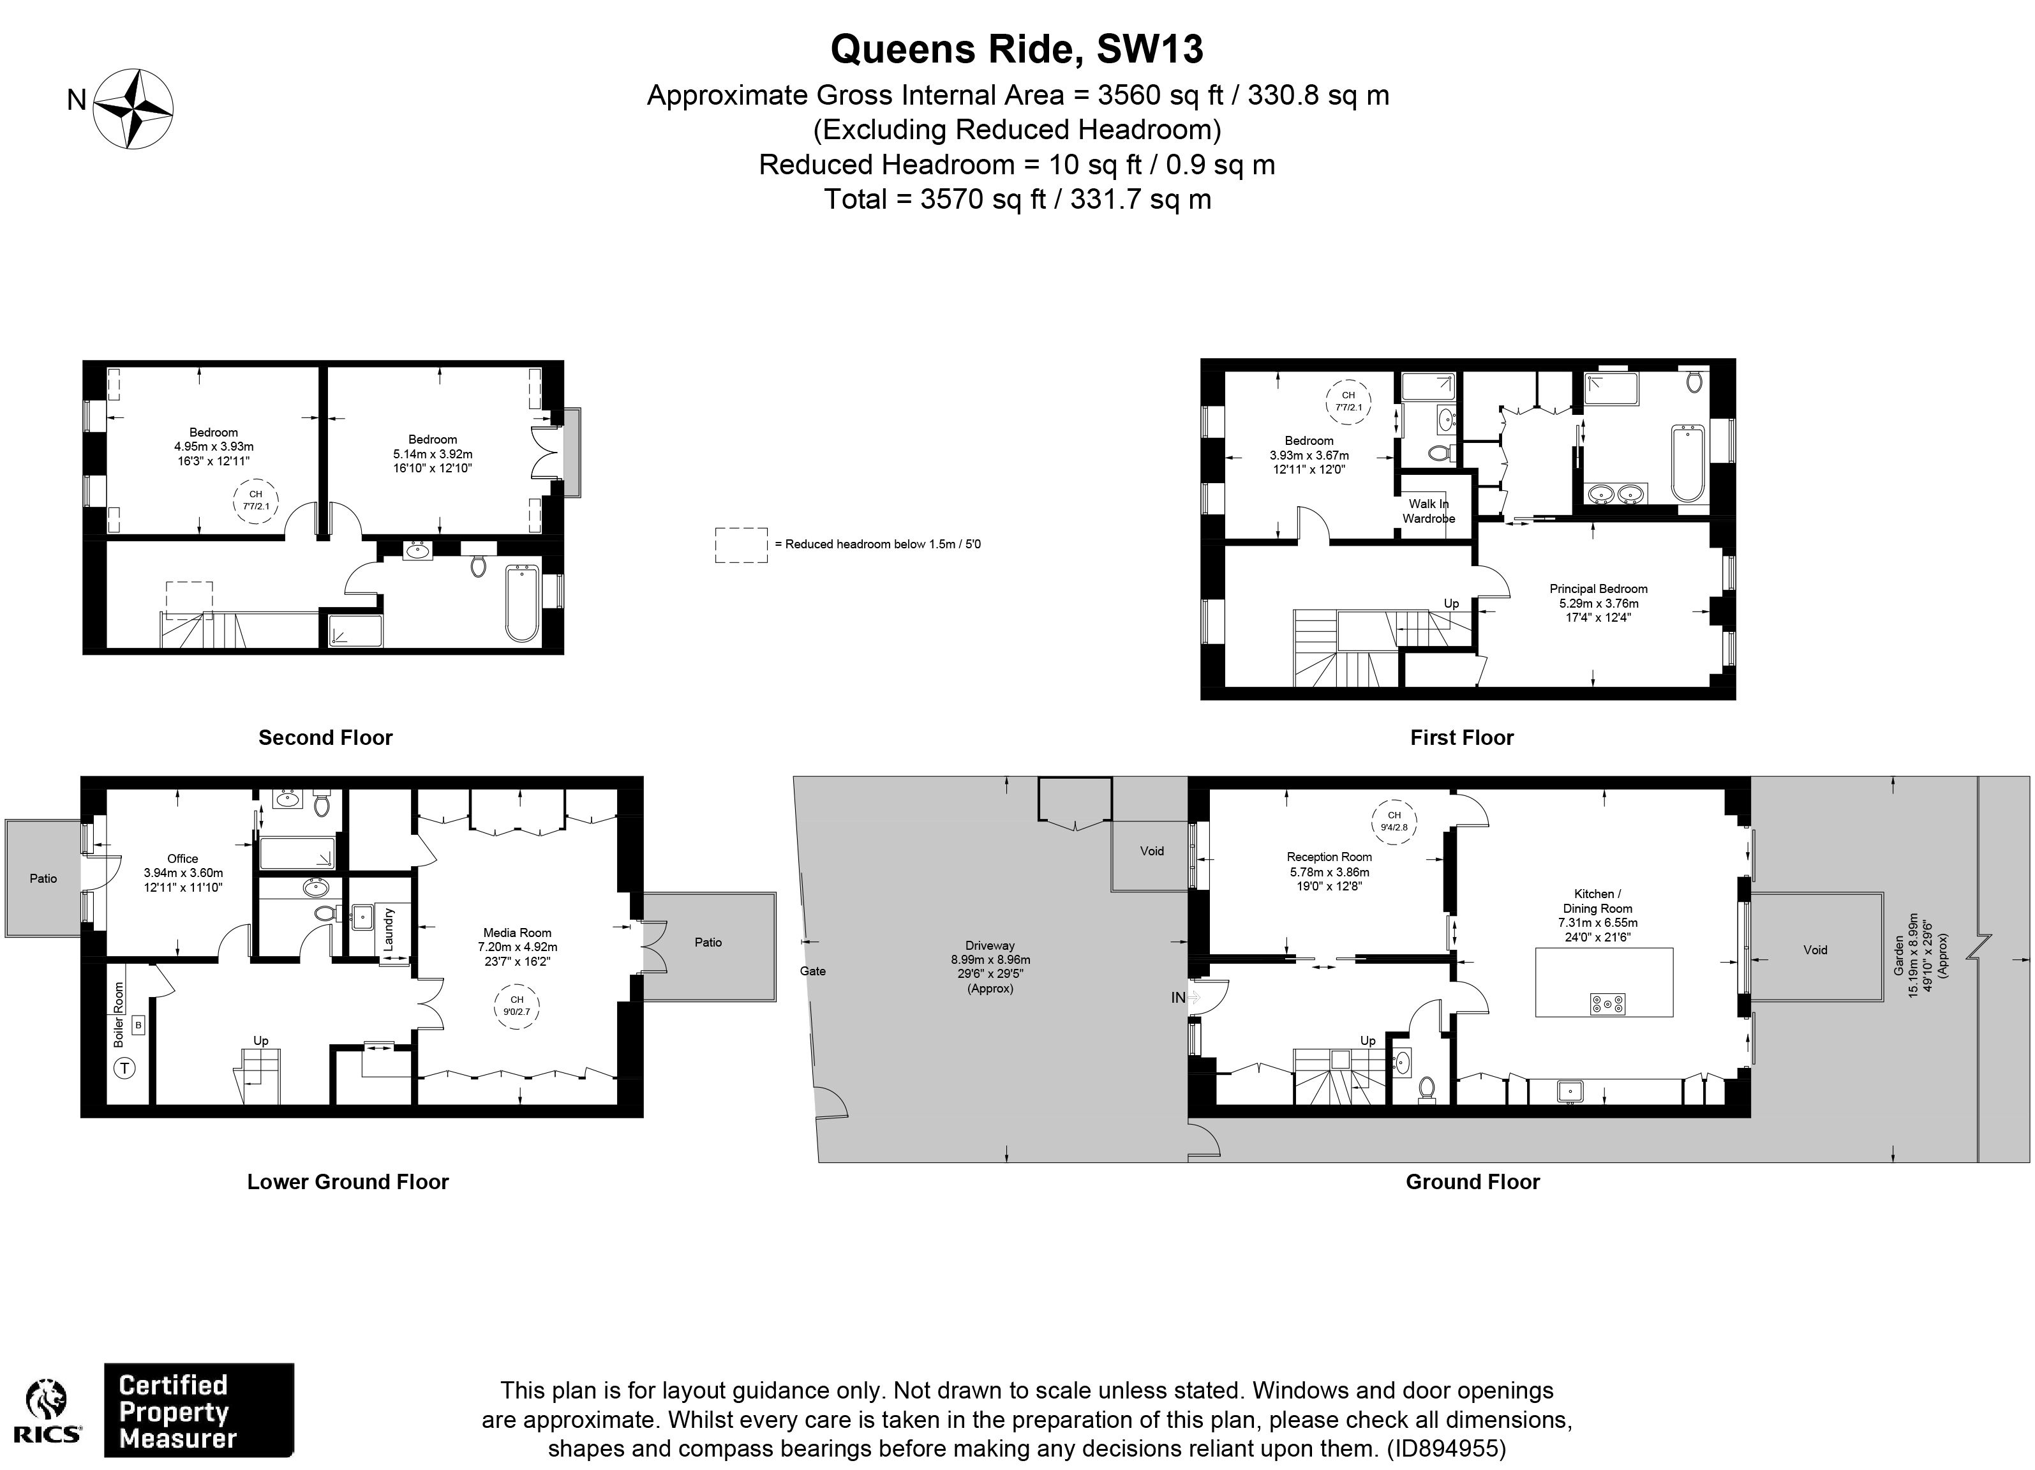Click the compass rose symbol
click(x=134, y=109)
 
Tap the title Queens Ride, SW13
click(x=1016, y=49)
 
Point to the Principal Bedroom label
click(x=1598, y=602)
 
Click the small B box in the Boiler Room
click(x=138, y=1024)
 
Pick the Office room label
click(x=183, y=873)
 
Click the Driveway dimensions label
click(x=990, y=966)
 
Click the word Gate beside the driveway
click(x=813, y=971)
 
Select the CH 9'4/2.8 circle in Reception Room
click(x=1394, y=821)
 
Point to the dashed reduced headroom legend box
click(x=741, y=544)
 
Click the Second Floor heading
click(x=325, y=738)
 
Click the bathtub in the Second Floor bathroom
click(x=522, y=602)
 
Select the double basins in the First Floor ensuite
click(x=1616, y=493)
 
